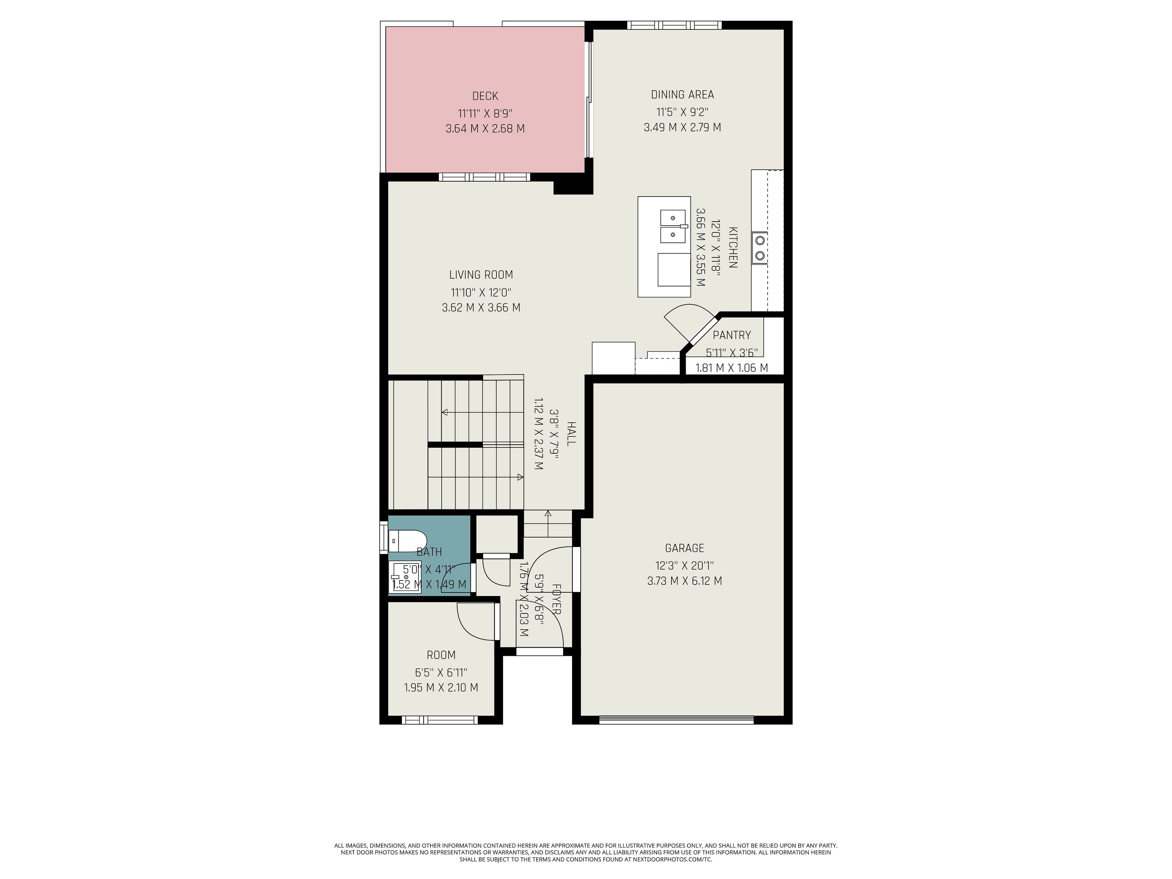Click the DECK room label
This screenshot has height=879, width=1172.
tap(485, 96)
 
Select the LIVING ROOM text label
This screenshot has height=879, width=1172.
tap(481, 274)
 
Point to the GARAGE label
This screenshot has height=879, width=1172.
tap(685, 548)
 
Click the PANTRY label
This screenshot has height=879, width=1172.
tap(732, 335)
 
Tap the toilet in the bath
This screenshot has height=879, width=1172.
tap(407, 541)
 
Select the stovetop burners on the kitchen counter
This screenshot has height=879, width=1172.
tap(760, 248)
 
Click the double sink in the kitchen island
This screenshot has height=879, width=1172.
tap(673, 226)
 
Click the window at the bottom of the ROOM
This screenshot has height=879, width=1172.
tap(440, 720)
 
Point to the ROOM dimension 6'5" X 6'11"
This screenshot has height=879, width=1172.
tap(441, 672)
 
